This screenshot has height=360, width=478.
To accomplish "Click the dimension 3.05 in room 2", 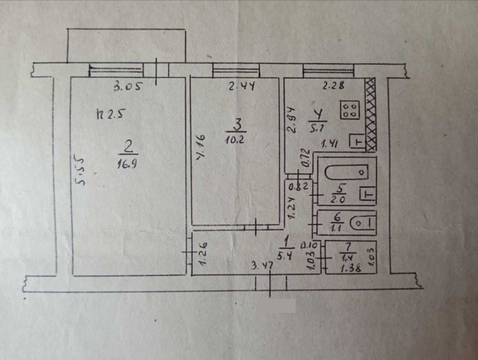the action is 128,87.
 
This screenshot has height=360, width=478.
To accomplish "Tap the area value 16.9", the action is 127,164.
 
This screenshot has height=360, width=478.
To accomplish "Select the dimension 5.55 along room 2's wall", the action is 80,171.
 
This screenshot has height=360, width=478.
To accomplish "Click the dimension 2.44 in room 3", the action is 241,87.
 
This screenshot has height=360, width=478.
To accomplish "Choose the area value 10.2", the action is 235,139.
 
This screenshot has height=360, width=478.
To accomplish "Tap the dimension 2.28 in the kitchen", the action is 334,86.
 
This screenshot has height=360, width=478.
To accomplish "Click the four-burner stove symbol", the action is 350,110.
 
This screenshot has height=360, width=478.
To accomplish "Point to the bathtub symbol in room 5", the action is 347,172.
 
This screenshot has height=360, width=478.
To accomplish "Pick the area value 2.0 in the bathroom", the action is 338,200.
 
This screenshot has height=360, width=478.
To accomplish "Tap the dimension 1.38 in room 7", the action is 351,269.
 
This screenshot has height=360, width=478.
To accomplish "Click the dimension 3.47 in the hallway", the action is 262,266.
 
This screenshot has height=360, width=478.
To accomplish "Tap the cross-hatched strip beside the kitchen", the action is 370,115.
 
